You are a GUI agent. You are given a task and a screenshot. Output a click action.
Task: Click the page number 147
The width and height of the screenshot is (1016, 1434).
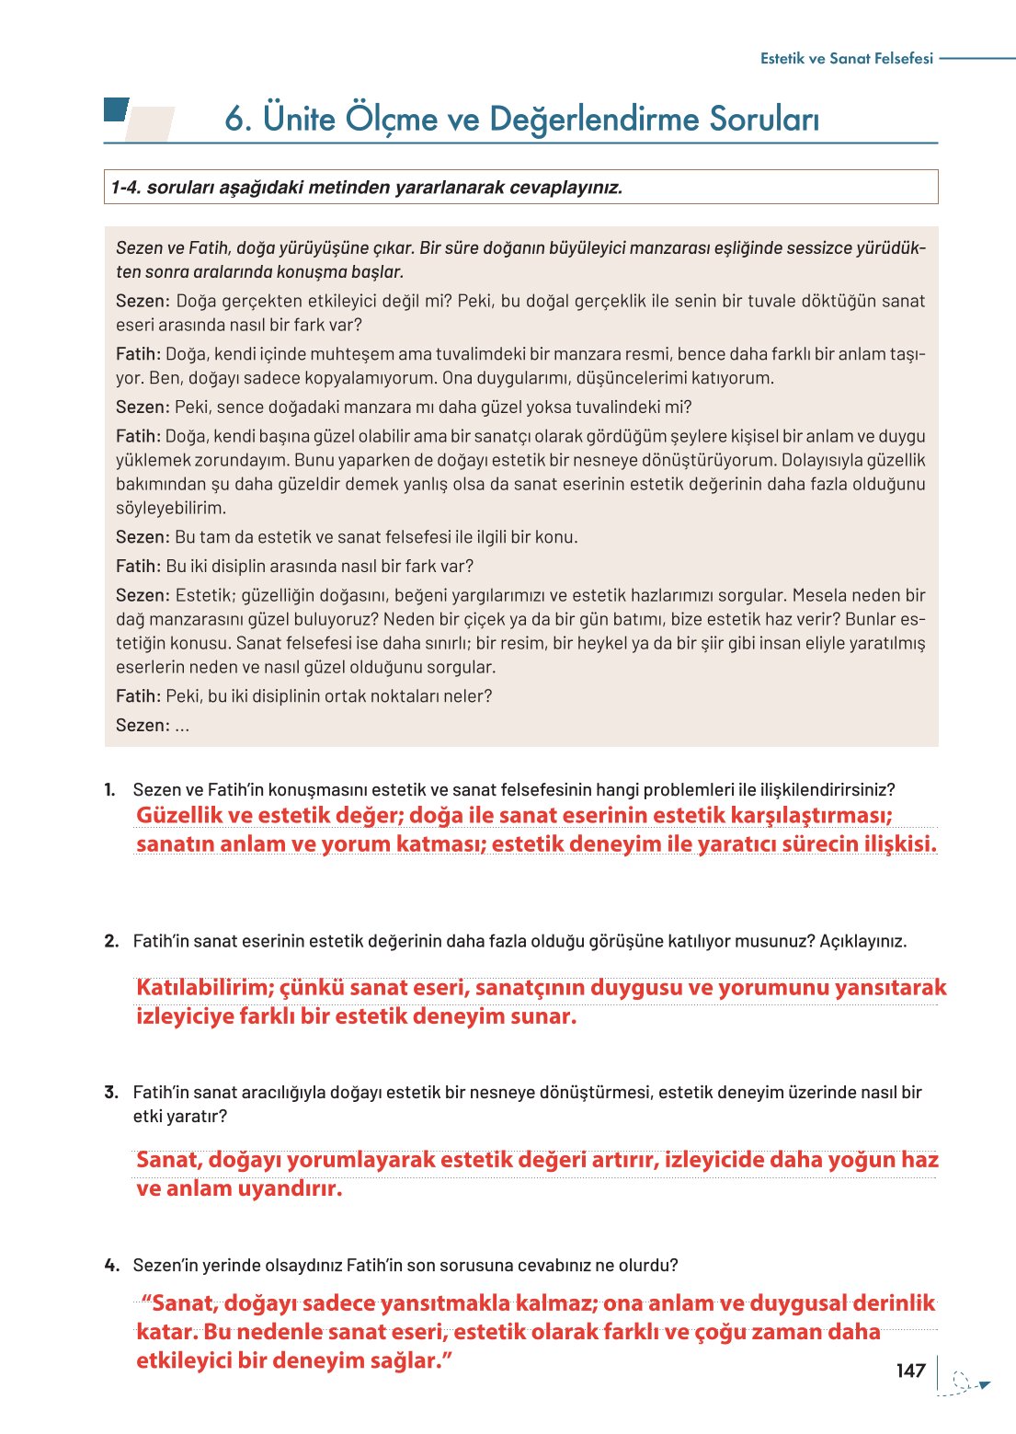(x=910, y=1371)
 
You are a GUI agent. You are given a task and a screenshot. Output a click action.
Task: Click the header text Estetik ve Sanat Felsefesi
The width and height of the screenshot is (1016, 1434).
(x=846, y=58)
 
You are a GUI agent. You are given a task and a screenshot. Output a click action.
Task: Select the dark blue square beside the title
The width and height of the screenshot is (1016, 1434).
(x=116, y=109)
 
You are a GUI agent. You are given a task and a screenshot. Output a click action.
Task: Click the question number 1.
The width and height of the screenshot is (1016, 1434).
(x=110, y=789)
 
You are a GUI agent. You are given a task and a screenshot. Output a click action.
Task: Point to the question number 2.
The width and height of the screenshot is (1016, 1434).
(x=111, y=941)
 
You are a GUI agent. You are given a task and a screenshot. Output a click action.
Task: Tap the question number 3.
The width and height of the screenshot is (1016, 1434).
(x=111, y=1092)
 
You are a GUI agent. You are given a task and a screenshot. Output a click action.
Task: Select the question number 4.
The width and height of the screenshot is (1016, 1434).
(x=111, y=1265)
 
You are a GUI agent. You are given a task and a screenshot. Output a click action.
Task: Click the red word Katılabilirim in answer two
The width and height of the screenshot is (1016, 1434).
(x=205, y=988)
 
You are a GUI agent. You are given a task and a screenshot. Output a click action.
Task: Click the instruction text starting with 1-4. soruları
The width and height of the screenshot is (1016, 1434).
(x=366, y=188)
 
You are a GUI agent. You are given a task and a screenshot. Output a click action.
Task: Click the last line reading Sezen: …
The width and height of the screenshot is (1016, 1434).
(x=153, y=725)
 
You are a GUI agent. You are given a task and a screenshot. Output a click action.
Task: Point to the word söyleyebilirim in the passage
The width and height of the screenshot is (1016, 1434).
(x=171, y=508)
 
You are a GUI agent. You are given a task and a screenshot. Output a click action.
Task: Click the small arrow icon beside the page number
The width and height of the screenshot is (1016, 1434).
(x=982, y=1383)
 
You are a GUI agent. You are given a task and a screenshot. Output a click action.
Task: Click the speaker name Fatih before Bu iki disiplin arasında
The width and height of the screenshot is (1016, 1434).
(x=138, y=566)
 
